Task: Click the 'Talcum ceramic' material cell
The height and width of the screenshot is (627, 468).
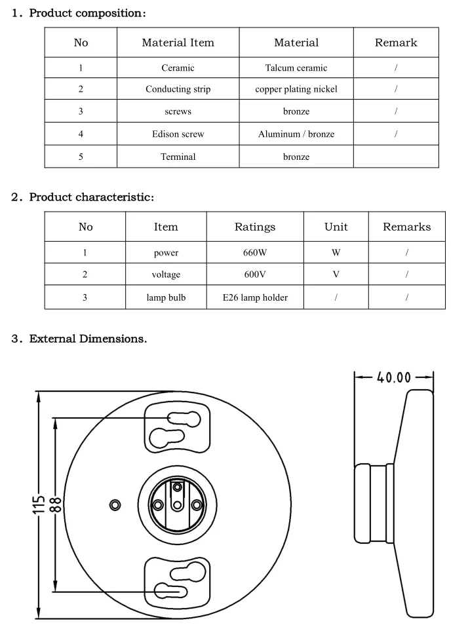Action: pos(296,67)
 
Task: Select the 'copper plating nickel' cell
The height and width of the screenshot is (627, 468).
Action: pos(296,89)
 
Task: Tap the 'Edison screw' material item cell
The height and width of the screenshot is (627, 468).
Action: pos(178,134)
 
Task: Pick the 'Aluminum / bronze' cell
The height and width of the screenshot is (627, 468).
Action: pos(296,134)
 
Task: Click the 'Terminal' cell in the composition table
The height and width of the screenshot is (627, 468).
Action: pos(178,157)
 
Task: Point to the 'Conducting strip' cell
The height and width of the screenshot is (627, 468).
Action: pos(178,89)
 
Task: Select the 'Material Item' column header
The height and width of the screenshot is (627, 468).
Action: pos(178,43)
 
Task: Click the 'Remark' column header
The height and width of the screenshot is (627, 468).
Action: pos(396,43)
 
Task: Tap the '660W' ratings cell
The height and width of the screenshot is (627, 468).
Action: pos(255,252)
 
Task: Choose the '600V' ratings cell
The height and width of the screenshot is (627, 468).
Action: pos(255,275)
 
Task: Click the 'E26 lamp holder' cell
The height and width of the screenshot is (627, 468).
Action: pos(255,297)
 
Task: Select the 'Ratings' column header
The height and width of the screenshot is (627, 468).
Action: pos(255,227)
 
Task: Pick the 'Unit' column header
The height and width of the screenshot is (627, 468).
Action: pos(336,227)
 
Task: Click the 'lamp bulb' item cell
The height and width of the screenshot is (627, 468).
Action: pos(166,297)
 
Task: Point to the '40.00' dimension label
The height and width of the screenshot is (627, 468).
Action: pos(394,378)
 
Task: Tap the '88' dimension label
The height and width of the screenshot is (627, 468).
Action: pos(56,504)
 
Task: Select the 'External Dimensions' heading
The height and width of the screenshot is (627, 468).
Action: pos(88,339)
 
